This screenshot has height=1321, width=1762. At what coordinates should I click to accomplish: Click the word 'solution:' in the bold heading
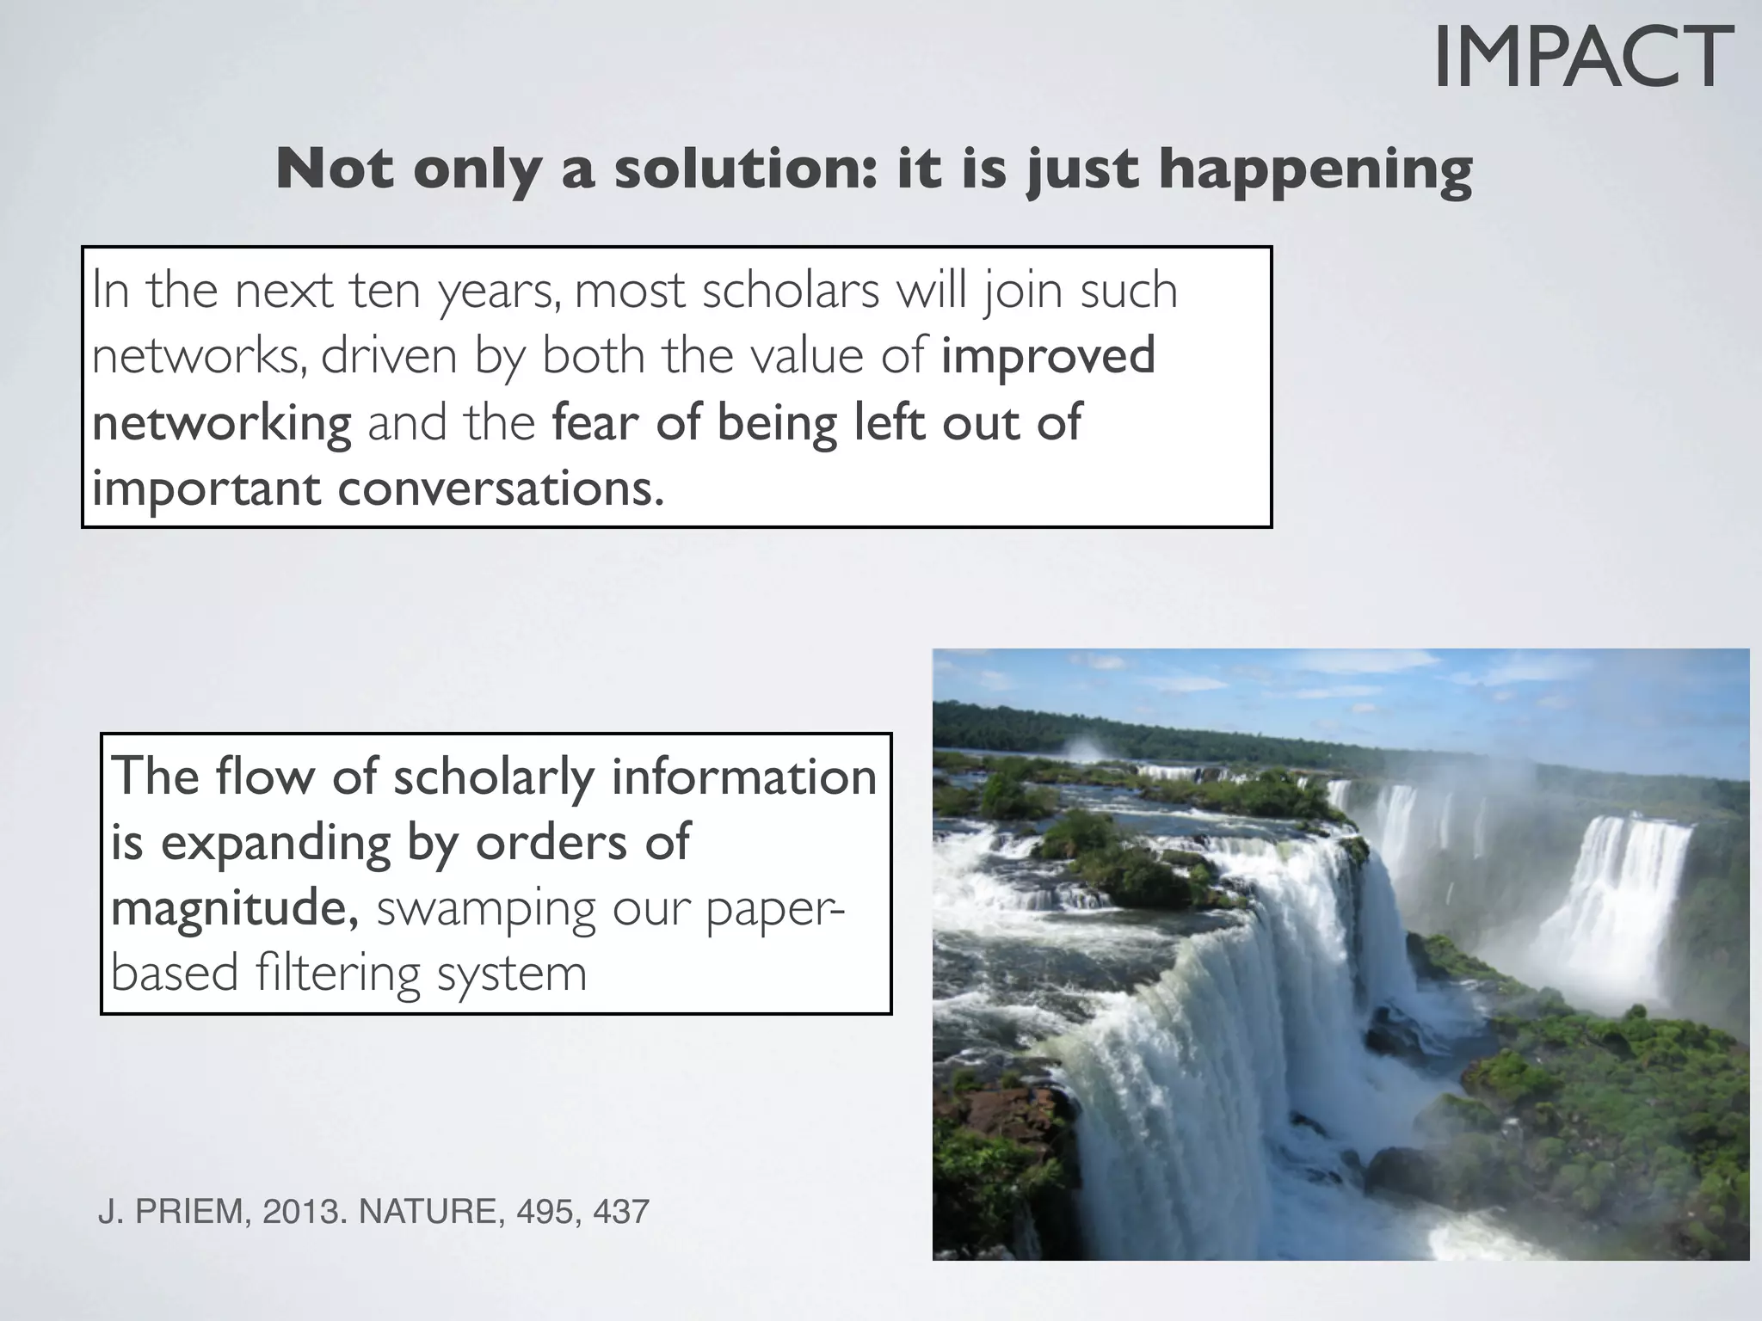pyautogui.click(x=746, y=169)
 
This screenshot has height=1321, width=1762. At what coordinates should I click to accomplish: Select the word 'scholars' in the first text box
pyautogui.click(x=791, y=291)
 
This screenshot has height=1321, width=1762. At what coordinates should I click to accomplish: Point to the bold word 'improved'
pyautogui.click(x=1048, y=356)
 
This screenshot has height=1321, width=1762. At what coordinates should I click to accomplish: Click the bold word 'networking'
pyautogui.click(x=222, y=423)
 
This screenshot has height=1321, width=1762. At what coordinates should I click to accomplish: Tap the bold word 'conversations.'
pyautogui.click(x=501, y=488)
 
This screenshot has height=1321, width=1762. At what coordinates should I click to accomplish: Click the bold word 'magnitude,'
pyautogui.click(x=235, y=908)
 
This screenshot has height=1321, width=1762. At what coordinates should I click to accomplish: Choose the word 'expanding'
pyautogui.click(x=276, y=843)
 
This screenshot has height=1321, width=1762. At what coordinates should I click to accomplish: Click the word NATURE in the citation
pyautogui.click(x=431, y=1212)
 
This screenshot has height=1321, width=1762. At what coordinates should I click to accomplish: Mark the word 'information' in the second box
pyautogui.click(x=744, y=776)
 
